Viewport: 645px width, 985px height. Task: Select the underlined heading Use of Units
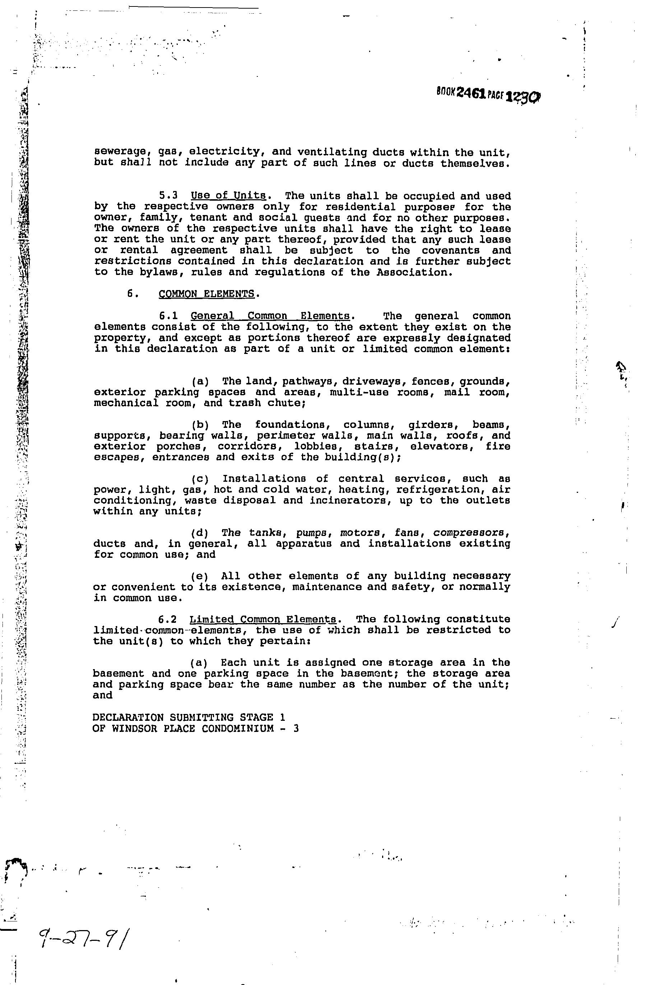click(x=228, y=195)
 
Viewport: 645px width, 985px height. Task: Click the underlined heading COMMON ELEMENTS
click(x=207, y=294)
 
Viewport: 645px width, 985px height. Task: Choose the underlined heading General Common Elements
click(x=270, y=316)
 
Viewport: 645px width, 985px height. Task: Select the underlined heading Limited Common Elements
click(x=264, y=620)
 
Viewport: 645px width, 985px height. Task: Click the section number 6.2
click(x=167, y=620)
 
